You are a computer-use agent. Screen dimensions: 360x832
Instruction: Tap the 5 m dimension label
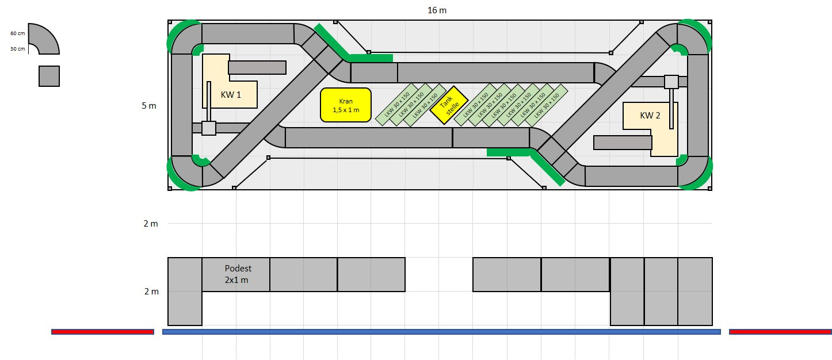[x=150, y=106]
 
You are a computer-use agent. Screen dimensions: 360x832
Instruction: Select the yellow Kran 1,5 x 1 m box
[x=345, y=105]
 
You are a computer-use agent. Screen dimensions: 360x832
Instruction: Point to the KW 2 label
[x=650, y=115]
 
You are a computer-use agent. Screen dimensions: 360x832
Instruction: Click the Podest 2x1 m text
[x=238, y=274]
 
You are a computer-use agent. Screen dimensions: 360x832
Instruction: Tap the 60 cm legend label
[x=18, y=33]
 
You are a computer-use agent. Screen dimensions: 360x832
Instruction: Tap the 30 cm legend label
[x=18, y=49]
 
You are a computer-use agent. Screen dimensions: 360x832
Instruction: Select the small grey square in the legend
[x=49, y=76]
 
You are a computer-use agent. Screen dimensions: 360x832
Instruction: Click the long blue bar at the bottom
[x=441, y=332]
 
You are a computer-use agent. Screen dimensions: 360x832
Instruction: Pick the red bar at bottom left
[x=102, y=332]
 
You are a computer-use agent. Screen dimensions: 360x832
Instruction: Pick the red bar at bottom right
[x=780, y=332]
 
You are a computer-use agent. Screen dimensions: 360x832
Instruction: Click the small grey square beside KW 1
[x=209, y=128]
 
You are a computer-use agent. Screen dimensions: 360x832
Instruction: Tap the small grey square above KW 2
[x=671, y=82]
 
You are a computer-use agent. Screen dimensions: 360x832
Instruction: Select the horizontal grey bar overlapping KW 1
[x=257, y=67]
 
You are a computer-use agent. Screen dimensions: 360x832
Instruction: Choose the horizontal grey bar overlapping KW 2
[x=622, y=143]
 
